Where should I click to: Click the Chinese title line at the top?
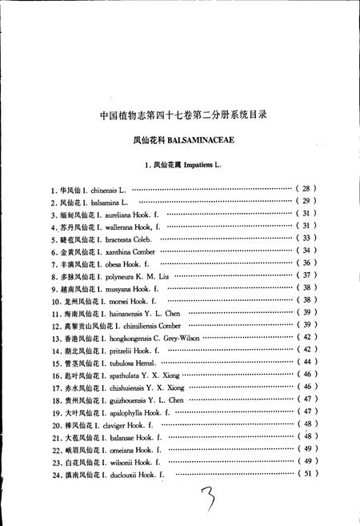point(182,114)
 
